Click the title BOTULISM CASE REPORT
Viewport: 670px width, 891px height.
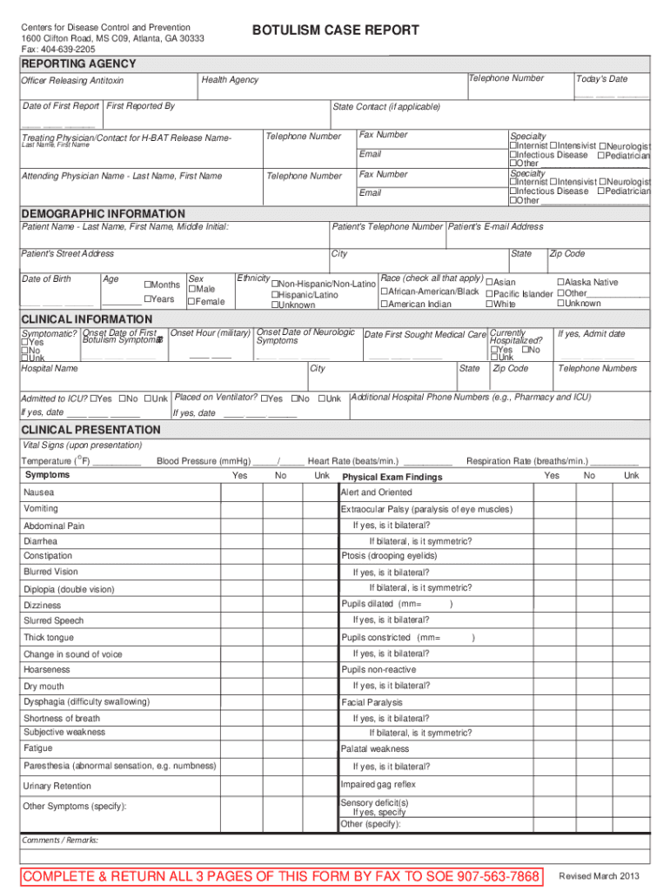click(x=335, y=30)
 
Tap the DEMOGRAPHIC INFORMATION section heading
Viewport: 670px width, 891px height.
click(x=103, y=213)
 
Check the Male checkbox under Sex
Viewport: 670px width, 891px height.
click(x=192, y=289)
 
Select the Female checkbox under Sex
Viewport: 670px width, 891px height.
click(x=192, y=302)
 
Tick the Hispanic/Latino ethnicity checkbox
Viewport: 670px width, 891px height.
click(x=276, y=295)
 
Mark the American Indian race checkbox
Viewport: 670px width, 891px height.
click(x=384, y=305)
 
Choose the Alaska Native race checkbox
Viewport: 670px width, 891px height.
click(x=560, y=282)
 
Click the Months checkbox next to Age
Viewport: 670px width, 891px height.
click(x=148, y=285)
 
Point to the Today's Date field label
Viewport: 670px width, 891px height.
click(x=601, y=79)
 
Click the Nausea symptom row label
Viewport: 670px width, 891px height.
click(x=39, y=492)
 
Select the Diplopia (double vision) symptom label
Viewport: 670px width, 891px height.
click(x=69, y=589)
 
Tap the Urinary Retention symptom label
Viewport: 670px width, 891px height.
click(x=57, y=786)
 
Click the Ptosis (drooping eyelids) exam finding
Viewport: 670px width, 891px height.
click(x=389, y=556)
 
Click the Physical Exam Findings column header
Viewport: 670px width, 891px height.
click(x=392, y=477)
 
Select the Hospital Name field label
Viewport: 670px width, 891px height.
click(x=50, y=369)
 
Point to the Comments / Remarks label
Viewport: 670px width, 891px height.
click(x=60, y=840)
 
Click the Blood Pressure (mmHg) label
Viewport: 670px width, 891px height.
click(x=203, y=461)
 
